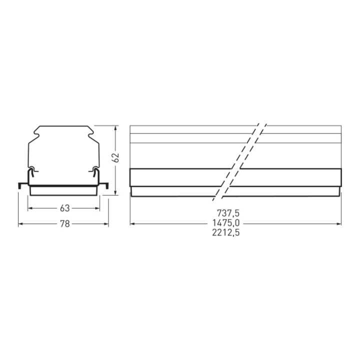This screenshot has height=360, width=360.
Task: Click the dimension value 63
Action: coord(64,208)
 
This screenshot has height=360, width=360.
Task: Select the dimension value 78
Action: coord(64,224)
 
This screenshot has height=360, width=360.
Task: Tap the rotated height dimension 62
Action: coord(116,158)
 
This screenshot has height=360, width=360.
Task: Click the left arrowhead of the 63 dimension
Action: coord(30,208)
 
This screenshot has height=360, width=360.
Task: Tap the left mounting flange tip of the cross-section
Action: coord(19,186)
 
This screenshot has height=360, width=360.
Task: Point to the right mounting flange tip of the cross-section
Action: coord(107,186)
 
